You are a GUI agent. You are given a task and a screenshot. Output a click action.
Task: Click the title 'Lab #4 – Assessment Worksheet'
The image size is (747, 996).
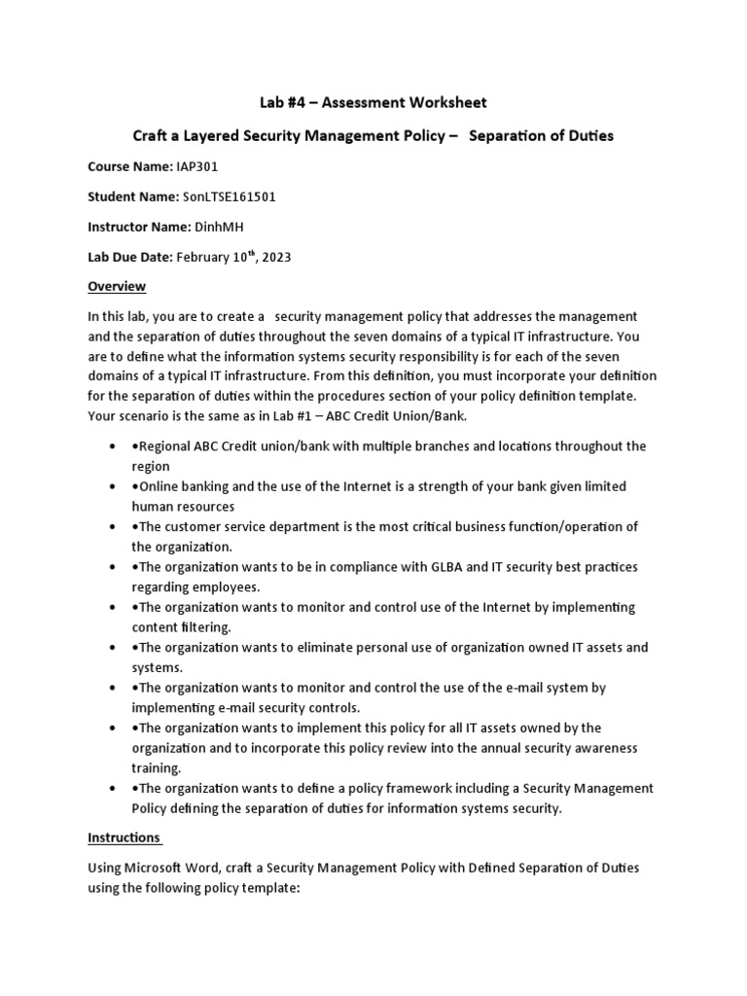pos(373,102)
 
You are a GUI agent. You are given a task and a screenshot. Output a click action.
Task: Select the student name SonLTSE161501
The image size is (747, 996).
pos(230,196)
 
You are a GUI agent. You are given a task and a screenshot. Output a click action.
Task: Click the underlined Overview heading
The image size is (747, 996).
pos(117,286)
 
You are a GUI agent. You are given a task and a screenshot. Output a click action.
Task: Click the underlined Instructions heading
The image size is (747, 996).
pos(124,836)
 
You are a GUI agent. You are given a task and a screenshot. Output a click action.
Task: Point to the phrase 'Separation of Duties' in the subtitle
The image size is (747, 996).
pos(541,135)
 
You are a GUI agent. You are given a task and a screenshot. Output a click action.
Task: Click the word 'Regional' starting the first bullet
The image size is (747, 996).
pos(165,445)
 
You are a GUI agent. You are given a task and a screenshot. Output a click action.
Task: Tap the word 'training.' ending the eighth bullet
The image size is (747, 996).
pos(158,766)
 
